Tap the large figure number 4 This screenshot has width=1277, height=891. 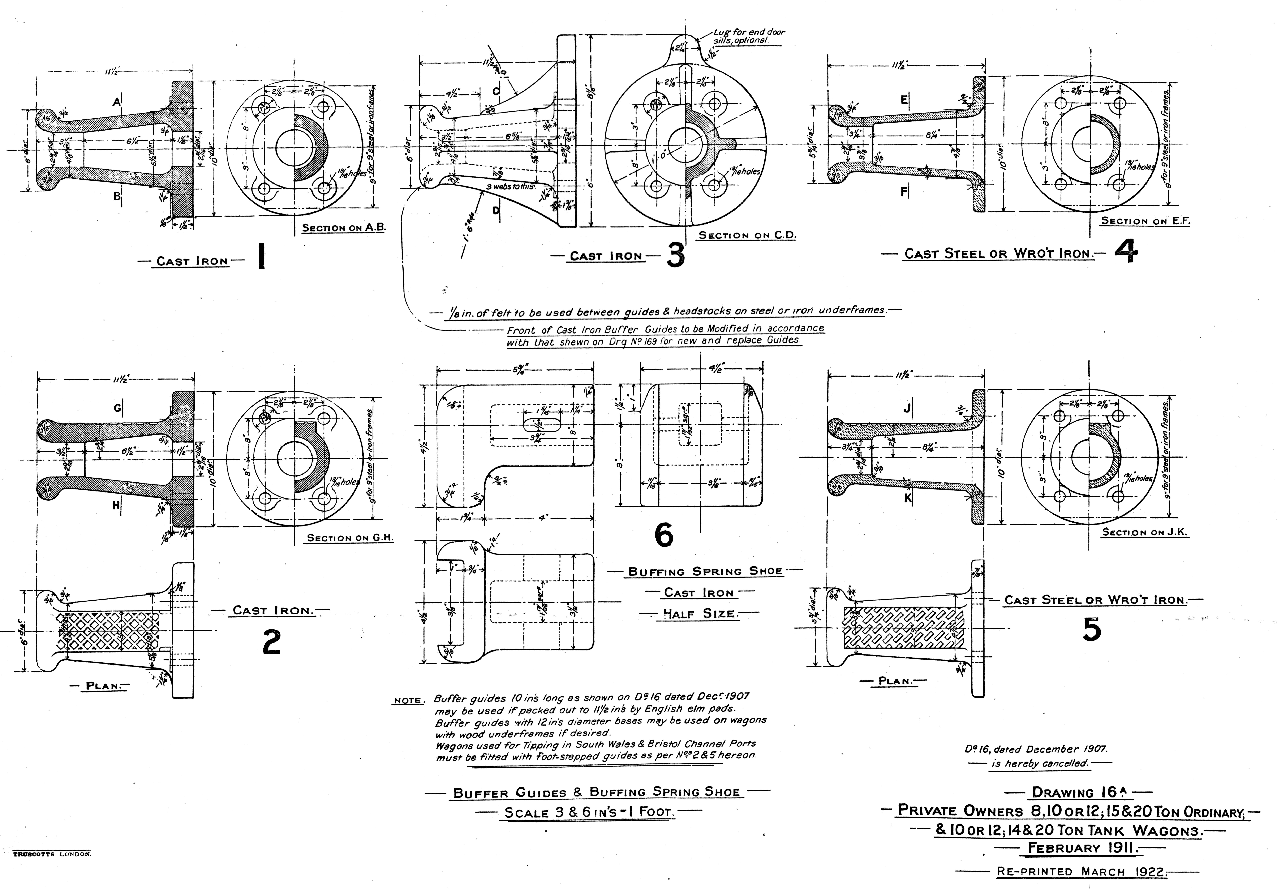click(x=1126, y=253)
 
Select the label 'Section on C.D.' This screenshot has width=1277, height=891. click(x=747, y=235)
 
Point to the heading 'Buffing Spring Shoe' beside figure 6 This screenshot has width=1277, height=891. click(x=705, y=571)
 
